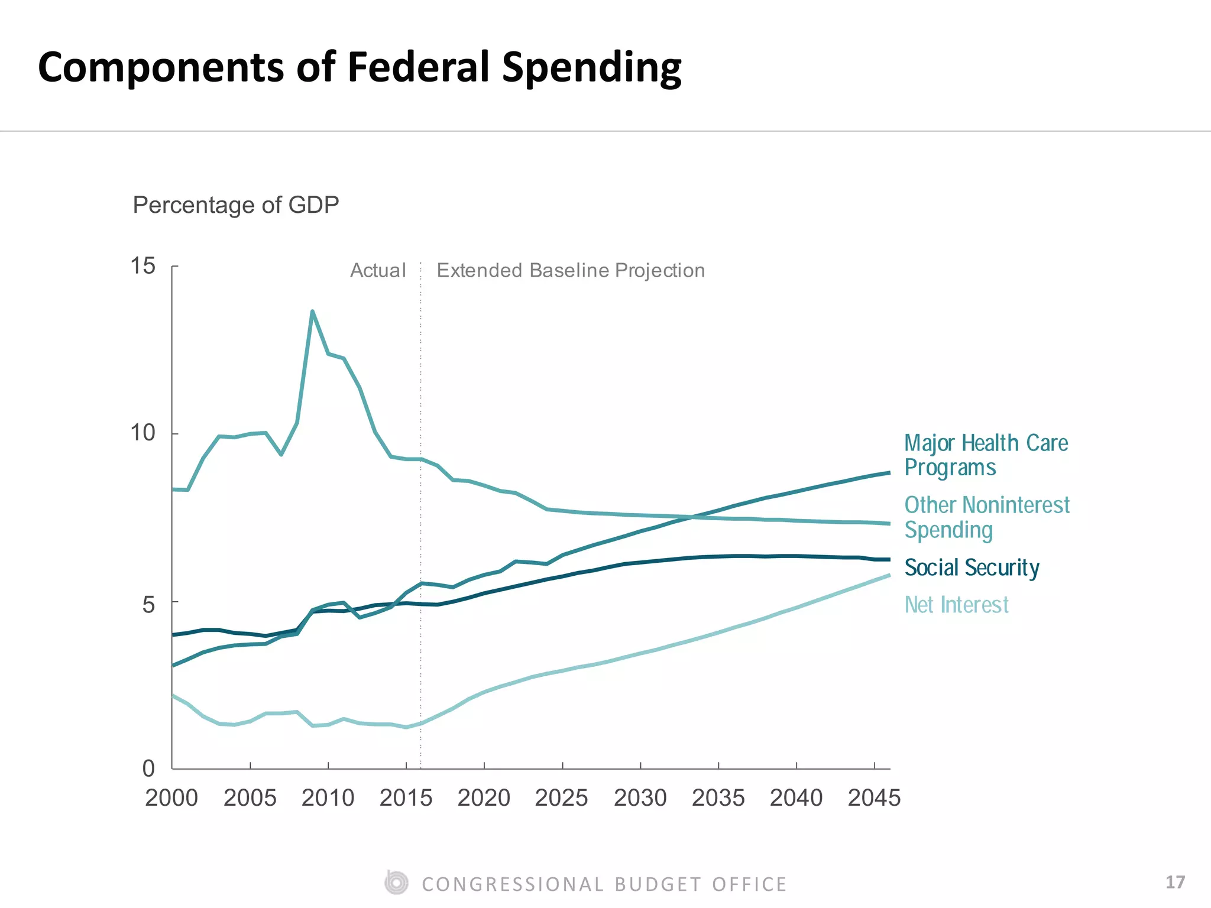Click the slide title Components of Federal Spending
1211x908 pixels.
click(360, 67)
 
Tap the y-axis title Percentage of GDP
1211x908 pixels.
click(235, 205)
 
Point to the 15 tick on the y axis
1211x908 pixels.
click(143, 266)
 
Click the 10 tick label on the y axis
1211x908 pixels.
click(143, 433)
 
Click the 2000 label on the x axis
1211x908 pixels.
click(171, 798)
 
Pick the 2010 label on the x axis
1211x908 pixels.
click(328, 798)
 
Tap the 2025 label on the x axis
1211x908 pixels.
click(561, 798)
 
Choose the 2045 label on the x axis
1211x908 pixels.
click(874, 798)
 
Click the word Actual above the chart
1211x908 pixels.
click(378, 271)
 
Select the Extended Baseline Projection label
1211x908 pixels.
click(571, 271)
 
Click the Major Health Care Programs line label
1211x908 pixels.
click(986, 455)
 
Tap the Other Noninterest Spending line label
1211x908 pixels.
click(986, 517)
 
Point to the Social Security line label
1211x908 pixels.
click(972, 567)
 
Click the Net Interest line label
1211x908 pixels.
click(956, 605)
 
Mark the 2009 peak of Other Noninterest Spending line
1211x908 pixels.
click(312, 311)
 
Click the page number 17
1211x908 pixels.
click(1175, 883)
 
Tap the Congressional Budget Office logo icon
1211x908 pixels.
click(396, 883)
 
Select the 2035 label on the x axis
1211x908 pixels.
click(718, 798)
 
